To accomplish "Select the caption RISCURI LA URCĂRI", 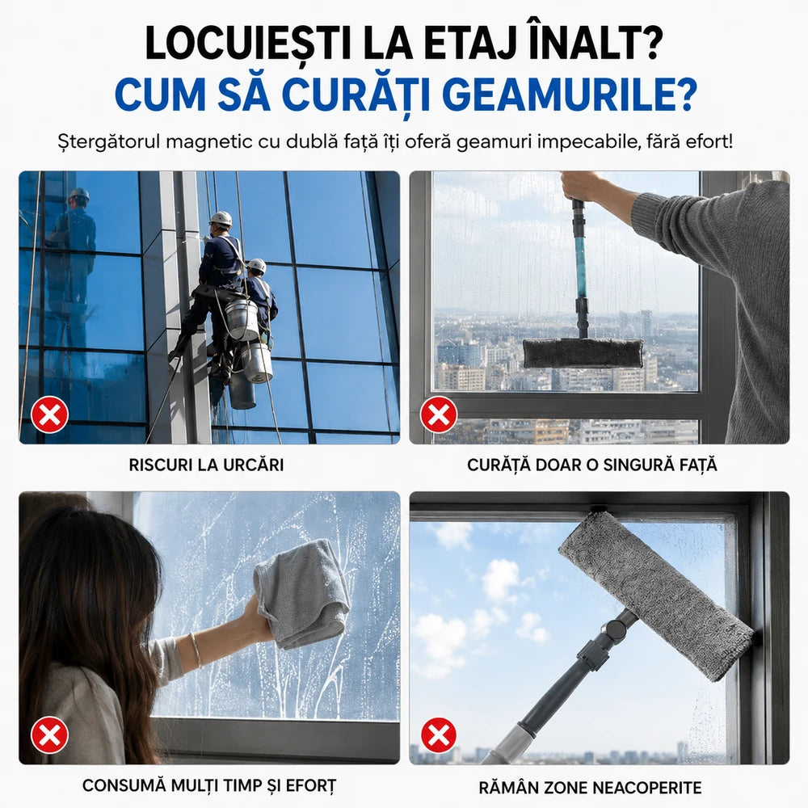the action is tap(206, 465).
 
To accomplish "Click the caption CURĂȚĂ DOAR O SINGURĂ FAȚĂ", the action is tap(592, 465).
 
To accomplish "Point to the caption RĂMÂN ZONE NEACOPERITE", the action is tap(590, 787).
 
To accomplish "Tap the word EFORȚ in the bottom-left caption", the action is tap(311, 786).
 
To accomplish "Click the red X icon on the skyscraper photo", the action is tap(49, 415).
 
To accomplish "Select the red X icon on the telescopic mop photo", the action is tap(439, 415).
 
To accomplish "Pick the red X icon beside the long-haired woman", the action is tap(49, 735).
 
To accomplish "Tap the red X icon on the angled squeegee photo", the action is tap(439, 735).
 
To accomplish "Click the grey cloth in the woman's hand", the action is tap(301, 592).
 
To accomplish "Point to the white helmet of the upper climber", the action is tap(221, 218).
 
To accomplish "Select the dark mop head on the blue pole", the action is tap(583, 353).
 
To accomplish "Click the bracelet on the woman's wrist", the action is tap(196, 650).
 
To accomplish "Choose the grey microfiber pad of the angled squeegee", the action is tap(655, 595).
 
